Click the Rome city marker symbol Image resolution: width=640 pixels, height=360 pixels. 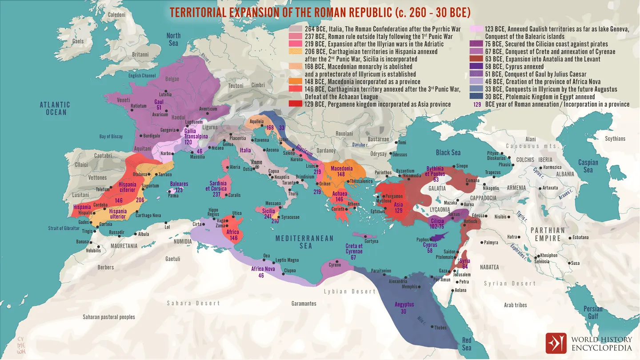(x=257, y=168)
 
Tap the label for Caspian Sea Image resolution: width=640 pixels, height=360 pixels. (x=588, y=166)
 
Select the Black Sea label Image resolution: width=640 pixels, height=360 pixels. (x=448, y=152)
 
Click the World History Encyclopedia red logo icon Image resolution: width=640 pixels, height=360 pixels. (x=556, y=343)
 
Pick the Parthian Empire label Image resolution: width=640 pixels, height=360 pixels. (x=548, y=234)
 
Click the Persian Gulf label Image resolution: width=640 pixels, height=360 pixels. (x=593, y=312)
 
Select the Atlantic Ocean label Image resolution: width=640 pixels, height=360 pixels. (x=55, y=108)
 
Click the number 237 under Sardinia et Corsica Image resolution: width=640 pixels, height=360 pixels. (x=216, y=195)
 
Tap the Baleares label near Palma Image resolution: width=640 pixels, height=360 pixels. (x=179, y=184)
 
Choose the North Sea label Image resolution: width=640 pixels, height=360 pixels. (x=173, y=39)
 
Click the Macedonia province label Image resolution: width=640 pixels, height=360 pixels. (x=341, y=168)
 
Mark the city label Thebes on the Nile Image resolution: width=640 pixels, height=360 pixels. (x=440, y=328)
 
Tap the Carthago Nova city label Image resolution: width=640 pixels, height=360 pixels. (x=148, y=216)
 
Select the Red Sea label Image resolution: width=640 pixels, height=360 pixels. (x=466, y=344)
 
